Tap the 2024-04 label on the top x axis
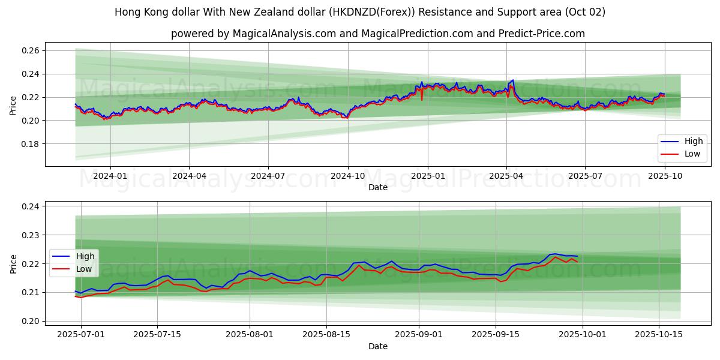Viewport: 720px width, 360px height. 189,176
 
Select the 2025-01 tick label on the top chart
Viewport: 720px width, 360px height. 427,176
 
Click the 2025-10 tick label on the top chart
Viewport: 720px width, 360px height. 664,176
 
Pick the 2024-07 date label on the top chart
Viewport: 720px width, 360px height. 268,176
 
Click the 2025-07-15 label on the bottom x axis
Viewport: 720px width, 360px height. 157,334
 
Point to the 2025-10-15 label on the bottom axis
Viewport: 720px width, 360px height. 659,334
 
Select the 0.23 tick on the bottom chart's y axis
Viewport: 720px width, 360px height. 31,235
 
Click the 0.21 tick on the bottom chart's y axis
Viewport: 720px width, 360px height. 31,292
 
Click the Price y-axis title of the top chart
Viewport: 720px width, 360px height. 13,106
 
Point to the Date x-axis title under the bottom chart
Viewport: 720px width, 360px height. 378,346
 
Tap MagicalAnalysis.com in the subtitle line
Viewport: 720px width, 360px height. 281,34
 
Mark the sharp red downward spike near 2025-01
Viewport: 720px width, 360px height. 422,99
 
